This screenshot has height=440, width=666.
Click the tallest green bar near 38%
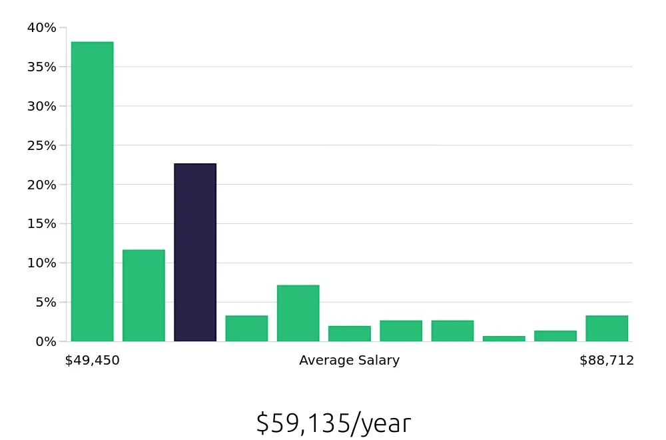pyautogui.click(x=92, y=191)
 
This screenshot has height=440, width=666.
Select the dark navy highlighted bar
pyautogui.click(x=195, y=252)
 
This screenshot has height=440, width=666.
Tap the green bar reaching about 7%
pyautogui.click(x=298, y=313)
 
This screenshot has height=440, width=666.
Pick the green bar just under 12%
pyautogui.click(x=144, y=295)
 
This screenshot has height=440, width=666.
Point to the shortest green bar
pyautogui.click(x=503, y=339)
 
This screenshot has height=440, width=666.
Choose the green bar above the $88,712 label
pyautogui.click(x=607, y=328)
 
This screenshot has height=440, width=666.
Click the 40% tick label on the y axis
pyautogui.click(x=41, y=27)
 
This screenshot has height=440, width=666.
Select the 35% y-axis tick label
pyautogui.click(x=41, y=67)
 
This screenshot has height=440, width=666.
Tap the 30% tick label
pyautogui.click(x=41, y=106)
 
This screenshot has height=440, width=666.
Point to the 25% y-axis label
pyautogui.click(x=41, y=145)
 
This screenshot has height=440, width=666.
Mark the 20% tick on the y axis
pyautogui.click(x=41, y=185)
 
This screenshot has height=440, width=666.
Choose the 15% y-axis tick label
pyautogui.click(x=41, y=223)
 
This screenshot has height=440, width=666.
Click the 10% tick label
pyautogui.click(x=41, y=263)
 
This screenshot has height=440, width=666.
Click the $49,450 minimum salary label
pyautogui.click(x=92, y=361)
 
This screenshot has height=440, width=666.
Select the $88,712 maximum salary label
pyautogui.click(x=606, y=361)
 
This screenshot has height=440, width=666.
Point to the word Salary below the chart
pyautogui.click(x=379, y=361)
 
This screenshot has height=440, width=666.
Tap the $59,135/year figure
pyautogui.click(x=333, y=423)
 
